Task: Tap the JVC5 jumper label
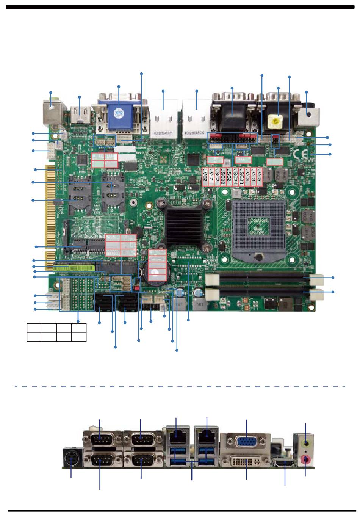tap(260, 177)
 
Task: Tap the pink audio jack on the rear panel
tap(306, 460)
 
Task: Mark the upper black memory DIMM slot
tap(265, 278)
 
